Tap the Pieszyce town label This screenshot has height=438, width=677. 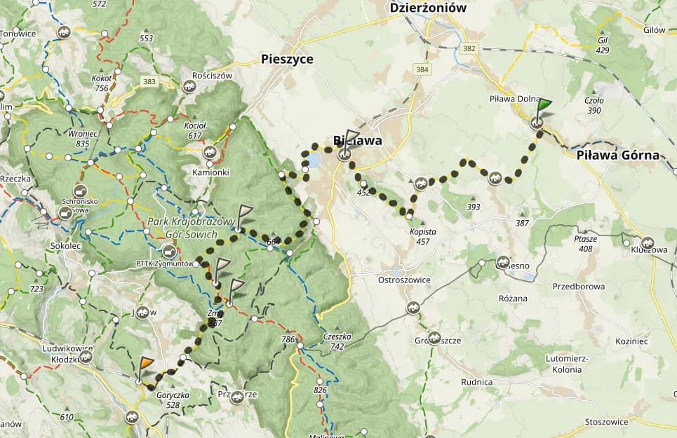click(286, 59)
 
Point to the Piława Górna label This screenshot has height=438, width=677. click(617, 156)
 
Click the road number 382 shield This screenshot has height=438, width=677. click(469, 48)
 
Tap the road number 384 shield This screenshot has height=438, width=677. click(422, 69)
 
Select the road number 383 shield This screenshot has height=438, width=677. click(149, 82)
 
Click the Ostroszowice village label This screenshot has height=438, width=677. click(403, 280)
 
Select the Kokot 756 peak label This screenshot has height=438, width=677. click(101, 83)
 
